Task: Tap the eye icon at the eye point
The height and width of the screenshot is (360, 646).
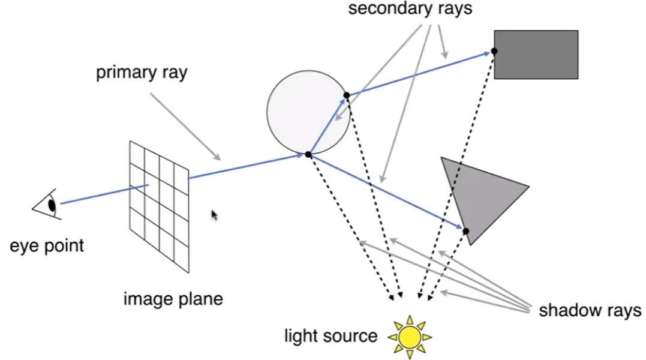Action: (48, 205)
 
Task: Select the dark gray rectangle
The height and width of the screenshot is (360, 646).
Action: (536, 55)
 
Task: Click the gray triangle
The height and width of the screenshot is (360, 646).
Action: (480, 192)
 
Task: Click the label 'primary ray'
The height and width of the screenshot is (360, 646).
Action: (142, 73)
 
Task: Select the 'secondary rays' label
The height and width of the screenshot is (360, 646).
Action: (411, 9)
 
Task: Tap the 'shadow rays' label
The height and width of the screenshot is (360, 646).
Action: (590, 310)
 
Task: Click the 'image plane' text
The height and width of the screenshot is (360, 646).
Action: (173, 298)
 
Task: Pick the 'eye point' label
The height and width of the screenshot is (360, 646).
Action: (47, 245)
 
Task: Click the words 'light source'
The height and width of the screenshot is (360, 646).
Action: (330, 335)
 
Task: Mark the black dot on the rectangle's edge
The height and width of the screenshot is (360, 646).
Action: (494, 52)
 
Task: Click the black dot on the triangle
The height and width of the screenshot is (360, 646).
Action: (465, 231)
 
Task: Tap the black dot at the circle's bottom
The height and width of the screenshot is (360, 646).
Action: (308, 154)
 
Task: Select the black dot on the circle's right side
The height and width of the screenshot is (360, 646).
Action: (347, 95)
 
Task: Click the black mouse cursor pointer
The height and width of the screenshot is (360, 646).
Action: (214, 215)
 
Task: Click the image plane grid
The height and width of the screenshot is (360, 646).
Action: (159, 204)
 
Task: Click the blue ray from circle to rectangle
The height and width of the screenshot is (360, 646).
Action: (420, 73)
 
